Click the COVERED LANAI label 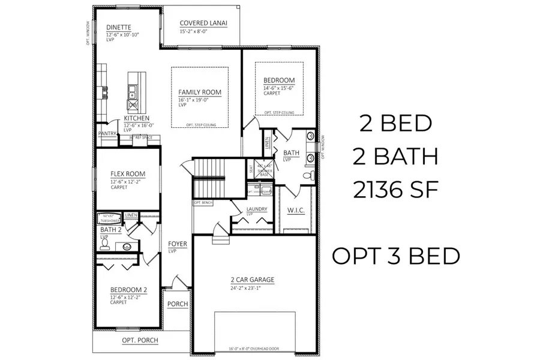tap(203, 23)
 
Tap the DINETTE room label tap(119, 27)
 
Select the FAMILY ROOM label tap(199, 92)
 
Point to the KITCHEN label tap(137, 118)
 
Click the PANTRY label tap(107, 134)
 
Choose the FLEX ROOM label tap(127, 174)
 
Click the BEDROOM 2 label tap(128, 289)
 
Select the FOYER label tap(178, 244)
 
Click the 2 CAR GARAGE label tap(252, 280)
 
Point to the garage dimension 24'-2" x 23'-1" tap(252, 287)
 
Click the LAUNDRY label tap(256, 209)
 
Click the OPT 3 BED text tap(396, 256)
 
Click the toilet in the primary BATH tap(307, 176)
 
